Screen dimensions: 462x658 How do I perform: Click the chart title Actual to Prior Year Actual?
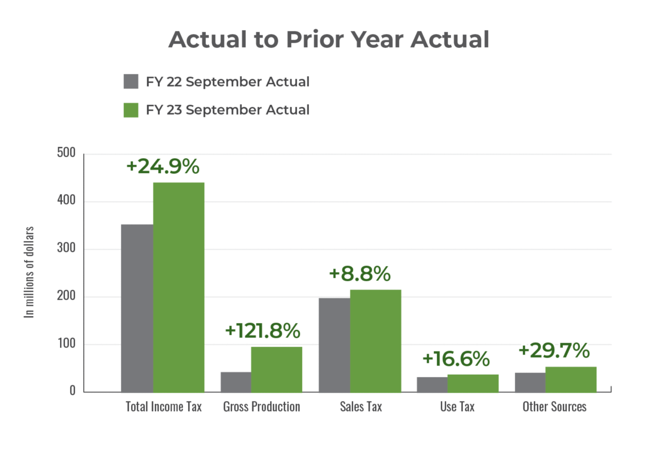point(328,40)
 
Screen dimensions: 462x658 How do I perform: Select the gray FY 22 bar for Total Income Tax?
point(137,308)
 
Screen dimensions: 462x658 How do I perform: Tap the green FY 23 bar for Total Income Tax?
point(179,287)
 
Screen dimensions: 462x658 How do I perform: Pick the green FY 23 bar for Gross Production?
point(277,369)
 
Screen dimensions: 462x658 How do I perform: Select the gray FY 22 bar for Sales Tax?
point(334,345)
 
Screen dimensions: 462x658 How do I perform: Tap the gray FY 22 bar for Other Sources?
point(530,382)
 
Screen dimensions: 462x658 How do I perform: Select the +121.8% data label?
point(262,331)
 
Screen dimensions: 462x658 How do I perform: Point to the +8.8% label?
point(360,274)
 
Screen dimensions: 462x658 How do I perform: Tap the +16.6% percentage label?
point(456,359)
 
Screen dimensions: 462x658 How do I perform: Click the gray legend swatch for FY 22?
point(131,82)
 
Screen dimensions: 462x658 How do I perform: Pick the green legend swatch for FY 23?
point(131,110)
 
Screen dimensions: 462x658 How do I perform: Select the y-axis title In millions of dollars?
point(30,272)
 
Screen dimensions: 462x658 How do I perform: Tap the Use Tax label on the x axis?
point(457,406)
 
